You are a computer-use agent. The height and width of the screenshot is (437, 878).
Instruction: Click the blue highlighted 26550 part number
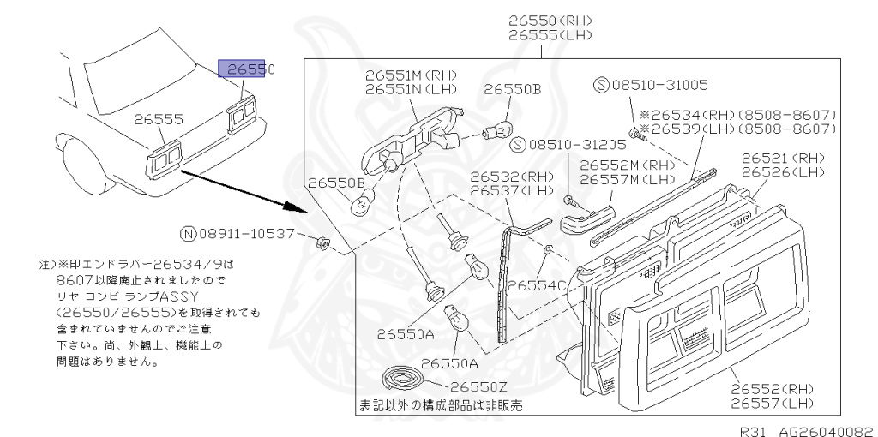point(245,69)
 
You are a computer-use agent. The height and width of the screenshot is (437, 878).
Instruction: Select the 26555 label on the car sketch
point(158,120)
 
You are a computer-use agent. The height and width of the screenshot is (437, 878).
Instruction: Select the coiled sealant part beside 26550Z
point(402,380)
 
